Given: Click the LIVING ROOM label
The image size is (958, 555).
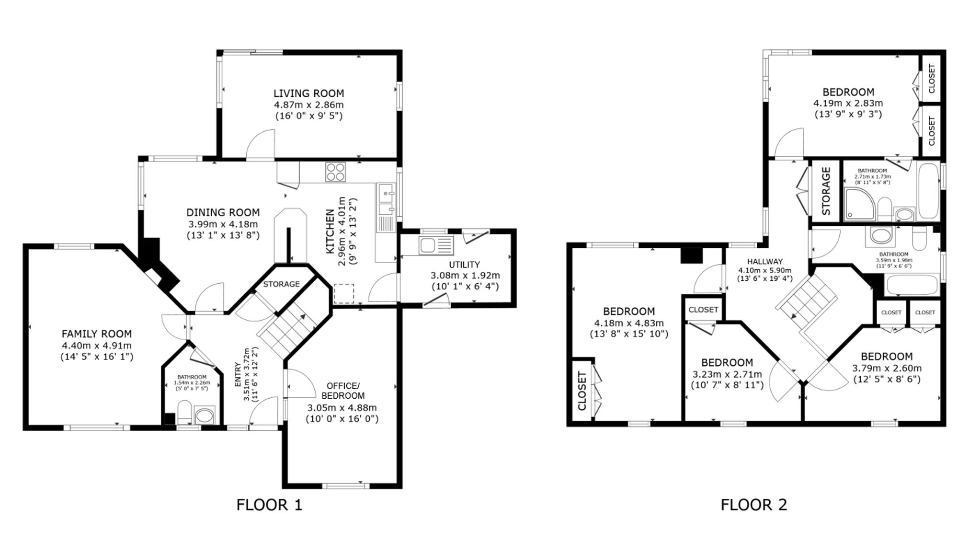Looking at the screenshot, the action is click(x=308, y=93).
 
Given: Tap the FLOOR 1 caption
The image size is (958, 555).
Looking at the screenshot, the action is click(x=269, y=505).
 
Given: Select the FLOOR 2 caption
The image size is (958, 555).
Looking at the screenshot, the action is click(x=754, y=505).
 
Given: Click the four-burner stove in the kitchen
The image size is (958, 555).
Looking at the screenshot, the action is click(x=335, y=172).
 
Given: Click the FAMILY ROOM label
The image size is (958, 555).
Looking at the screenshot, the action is click(x=96, y=334).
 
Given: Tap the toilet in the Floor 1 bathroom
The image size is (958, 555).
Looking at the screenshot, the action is click(x=184, y=412).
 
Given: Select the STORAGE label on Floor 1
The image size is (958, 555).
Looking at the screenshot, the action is click(x=281, y=284).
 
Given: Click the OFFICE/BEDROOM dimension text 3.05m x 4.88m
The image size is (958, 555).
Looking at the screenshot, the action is click(x=342, y=408).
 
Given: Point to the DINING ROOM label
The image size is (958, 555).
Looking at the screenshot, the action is click(x=223, y=212).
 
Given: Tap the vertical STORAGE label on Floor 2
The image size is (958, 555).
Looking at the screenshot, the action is click(x=826, y=191).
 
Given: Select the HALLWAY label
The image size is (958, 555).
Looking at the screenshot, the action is click(x=764, y=262).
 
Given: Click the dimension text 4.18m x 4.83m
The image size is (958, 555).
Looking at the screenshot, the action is click(x=628, y=323).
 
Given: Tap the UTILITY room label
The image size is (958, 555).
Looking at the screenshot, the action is click(x=464, y=265).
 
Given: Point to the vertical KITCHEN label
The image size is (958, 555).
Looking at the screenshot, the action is click(x=330, y=231).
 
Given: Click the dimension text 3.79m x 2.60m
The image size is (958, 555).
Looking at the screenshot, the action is click(x=887, y=369).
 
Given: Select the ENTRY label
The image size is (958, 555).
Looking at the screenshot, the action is click(x=238, y=374).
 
